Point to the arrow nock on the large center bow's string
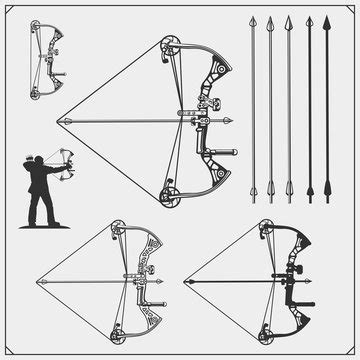tap(59, 119)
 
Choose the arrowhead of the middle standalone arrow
tap(287, 23)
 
